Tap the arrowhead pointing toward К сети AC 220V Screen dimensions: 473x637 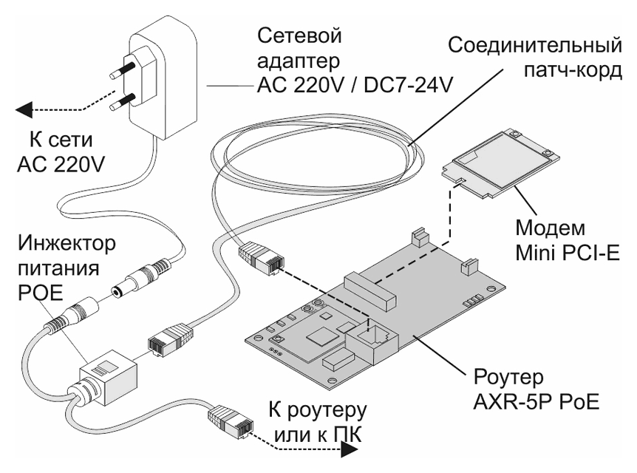[x=24, y=112]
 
